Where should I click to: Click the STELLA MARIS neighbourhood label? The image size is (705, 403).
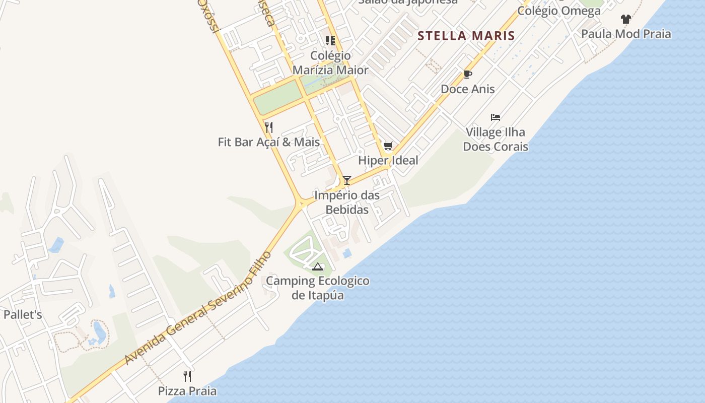(x=466, y=35)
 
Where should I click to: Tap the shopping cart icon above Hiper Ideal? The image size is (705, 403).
(x=388, y=147)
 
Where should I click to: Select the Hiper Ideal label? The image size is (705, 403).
(x=388, y=160)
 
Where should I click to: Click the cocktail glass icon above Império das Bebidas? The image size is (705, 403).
(x=346, y=180)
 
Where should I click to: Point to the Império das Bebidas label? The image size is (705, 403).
(x=347, y=202)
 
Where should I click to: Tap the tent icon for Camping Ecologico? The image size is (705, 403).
(x=317, y=266)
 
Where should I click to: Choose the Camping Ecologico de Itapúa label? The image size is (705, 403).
(x=318, y=288)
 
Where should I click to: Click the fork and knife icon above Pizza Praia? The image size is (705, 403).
(x=187, y=376)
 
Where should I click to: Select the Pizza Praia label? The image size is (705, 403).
(x=187, y=391)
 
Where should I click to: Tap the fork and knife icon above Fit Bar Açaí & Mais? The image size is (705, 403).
(x=269, y=127)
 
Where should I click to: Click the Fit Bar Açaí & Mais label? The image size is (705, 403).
(x=269, y=142)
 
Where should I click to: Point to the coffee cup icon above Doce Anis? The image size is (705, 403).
(x=468, y=75)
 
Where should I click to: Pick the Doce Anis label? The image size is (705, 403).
(x=468, y=89)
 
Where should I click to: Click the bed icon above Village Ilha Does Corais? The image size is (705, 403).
(x=496, y=117)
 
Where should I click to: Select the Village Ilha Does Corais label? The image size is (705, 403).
(x=496, y=140)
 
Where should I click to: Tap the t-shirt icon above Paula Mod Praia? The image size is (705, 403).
(x=626, y=20)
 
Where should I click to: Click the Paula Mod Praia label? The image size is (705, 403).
(x=626, y=34)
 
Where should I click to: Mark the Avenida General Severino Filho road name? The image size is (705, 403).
(x=198, y=308)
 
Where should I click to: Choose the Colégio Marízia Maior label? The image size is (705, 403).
(x=330, y=62)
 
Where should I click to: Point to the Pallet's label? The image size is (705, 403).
(x=23, y=315)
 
